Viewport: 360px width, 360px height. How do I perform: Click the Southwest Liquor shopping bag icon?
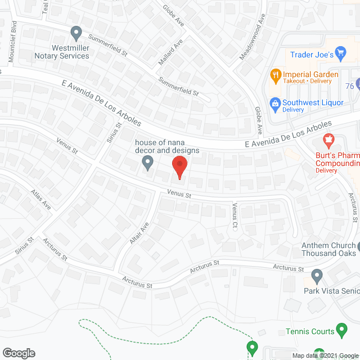[275, 103]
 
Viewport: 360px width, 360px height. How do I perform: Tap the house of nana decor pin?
[147, 163]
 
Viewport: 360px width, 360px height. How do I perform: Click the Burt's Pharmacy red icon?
[328, 139]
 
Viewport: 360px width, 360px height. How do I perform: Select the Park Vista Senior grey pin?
[317, 276]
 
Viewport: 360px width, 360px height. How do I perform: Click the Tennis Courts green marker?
[341, 328]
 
